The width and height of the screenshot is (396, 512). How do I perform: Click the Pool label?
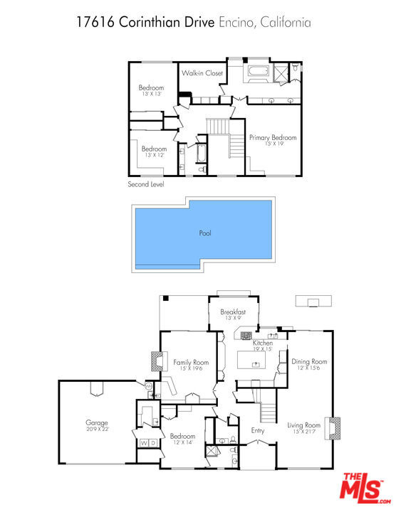pos(205,233)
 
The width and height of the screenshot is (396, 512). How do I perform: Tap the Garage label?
pos(96,423)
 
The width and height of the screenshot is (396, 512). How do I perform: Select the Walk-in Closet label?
pos(202,73)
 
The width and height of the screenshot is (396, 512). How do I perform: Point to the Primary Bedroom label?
pos(273,137)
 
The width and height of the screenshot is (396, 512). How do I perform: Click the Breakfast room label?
pos(233,312)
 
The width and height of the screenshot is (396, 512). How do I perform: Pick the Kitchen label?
pos(263,343)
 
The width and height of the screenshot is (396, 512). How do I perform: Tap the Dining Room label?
pos(309,361)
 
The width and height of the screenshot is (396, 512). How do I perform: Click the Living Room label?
pos(304,425)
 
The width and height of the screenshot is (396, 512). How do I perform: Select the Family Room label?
pos(191,363)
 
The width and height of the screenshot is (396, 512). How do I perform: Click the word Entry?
pos(258,431)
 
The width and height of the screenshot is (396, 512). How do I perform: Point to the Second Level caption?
pos(146,184)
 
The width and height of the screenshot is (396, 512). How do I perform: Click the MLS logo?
pos(365,488)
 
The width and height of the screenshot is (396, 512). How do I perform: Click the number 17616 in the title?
pos(95,22)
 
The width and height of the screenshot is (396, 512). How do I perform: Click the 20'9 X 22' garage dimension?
pos(97,429)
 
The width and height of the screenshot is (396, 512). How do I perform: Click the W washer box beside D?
pos(144,443)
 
